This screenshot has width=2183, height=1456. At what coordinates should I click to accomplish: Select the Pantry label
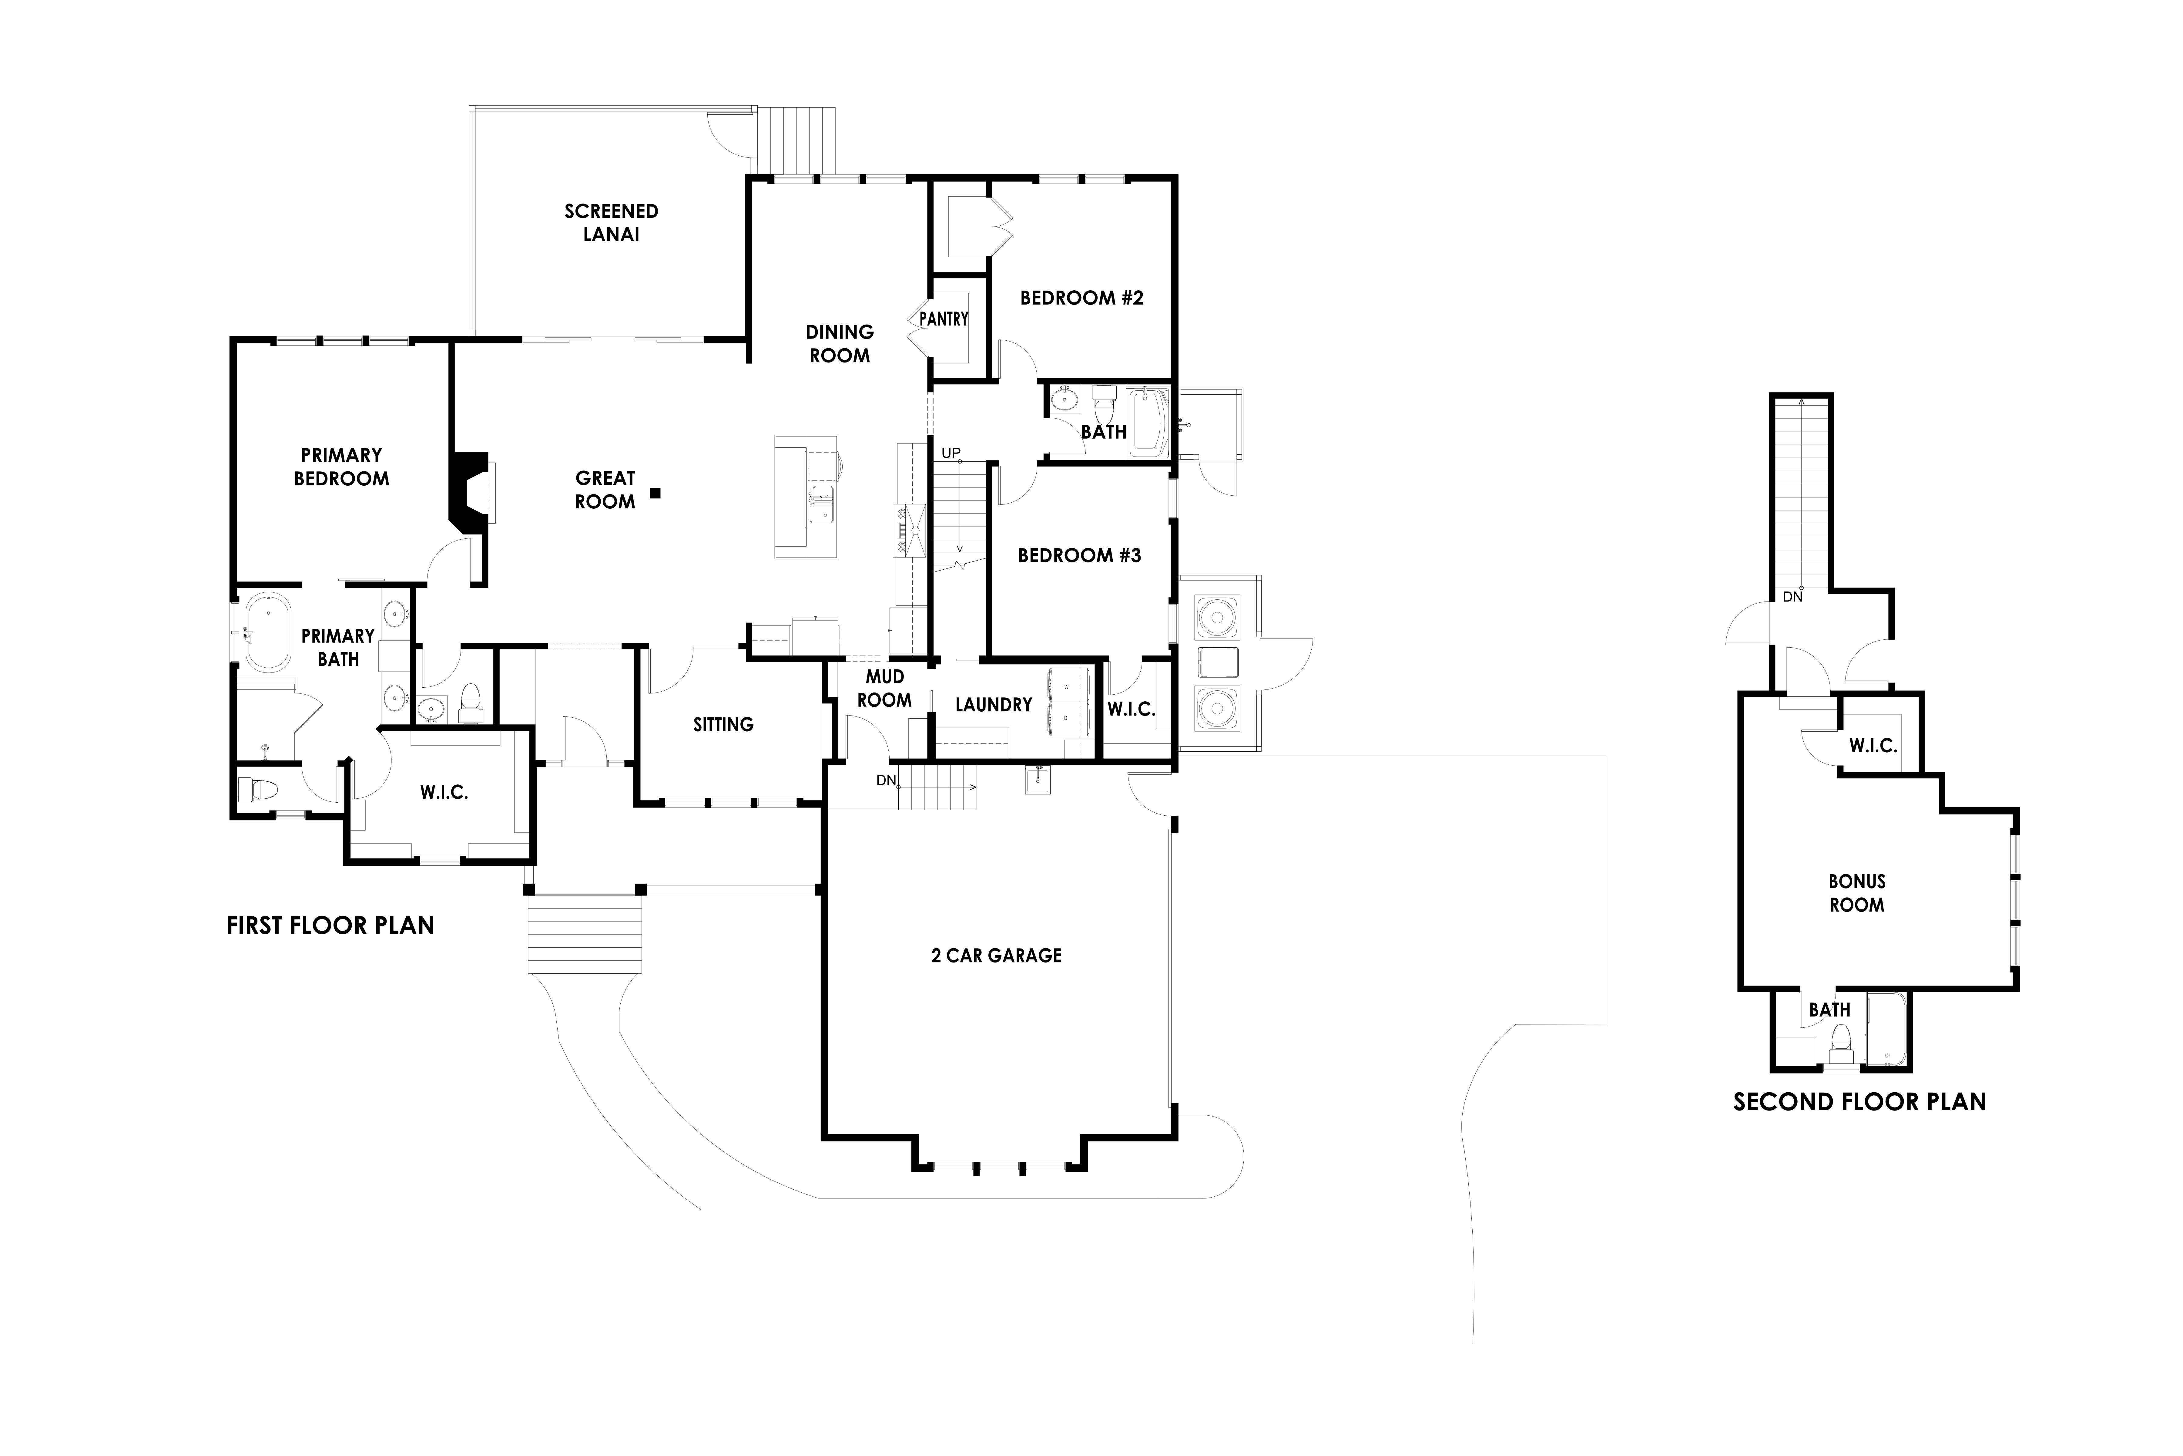[944, 318]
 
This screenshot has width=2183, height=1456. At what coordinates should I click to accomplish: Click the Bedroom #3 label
[1079, 555]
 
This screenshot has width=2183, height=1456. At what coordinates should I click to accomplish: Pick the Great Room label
[605, 489]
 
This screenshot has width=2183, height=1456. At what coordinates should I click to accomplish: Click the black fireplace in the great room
[469, 492]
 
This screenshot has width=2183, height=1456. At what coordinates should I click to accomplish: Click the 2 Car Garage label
[996, 955]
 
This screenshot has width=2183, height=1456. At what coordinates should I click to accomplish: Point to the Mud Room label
[884, 688]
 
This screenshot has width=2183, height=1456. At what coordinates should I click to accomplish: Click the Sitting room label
[723, 724]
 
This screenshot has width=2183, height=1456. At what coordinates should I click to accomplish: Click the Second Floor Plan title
[1860, 1102]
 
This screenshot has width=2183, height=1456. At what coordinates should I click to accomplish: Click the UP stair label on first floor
[951, 453]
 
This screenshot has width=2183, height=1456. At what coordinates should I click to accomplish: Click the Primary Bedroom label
[342, 466]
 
